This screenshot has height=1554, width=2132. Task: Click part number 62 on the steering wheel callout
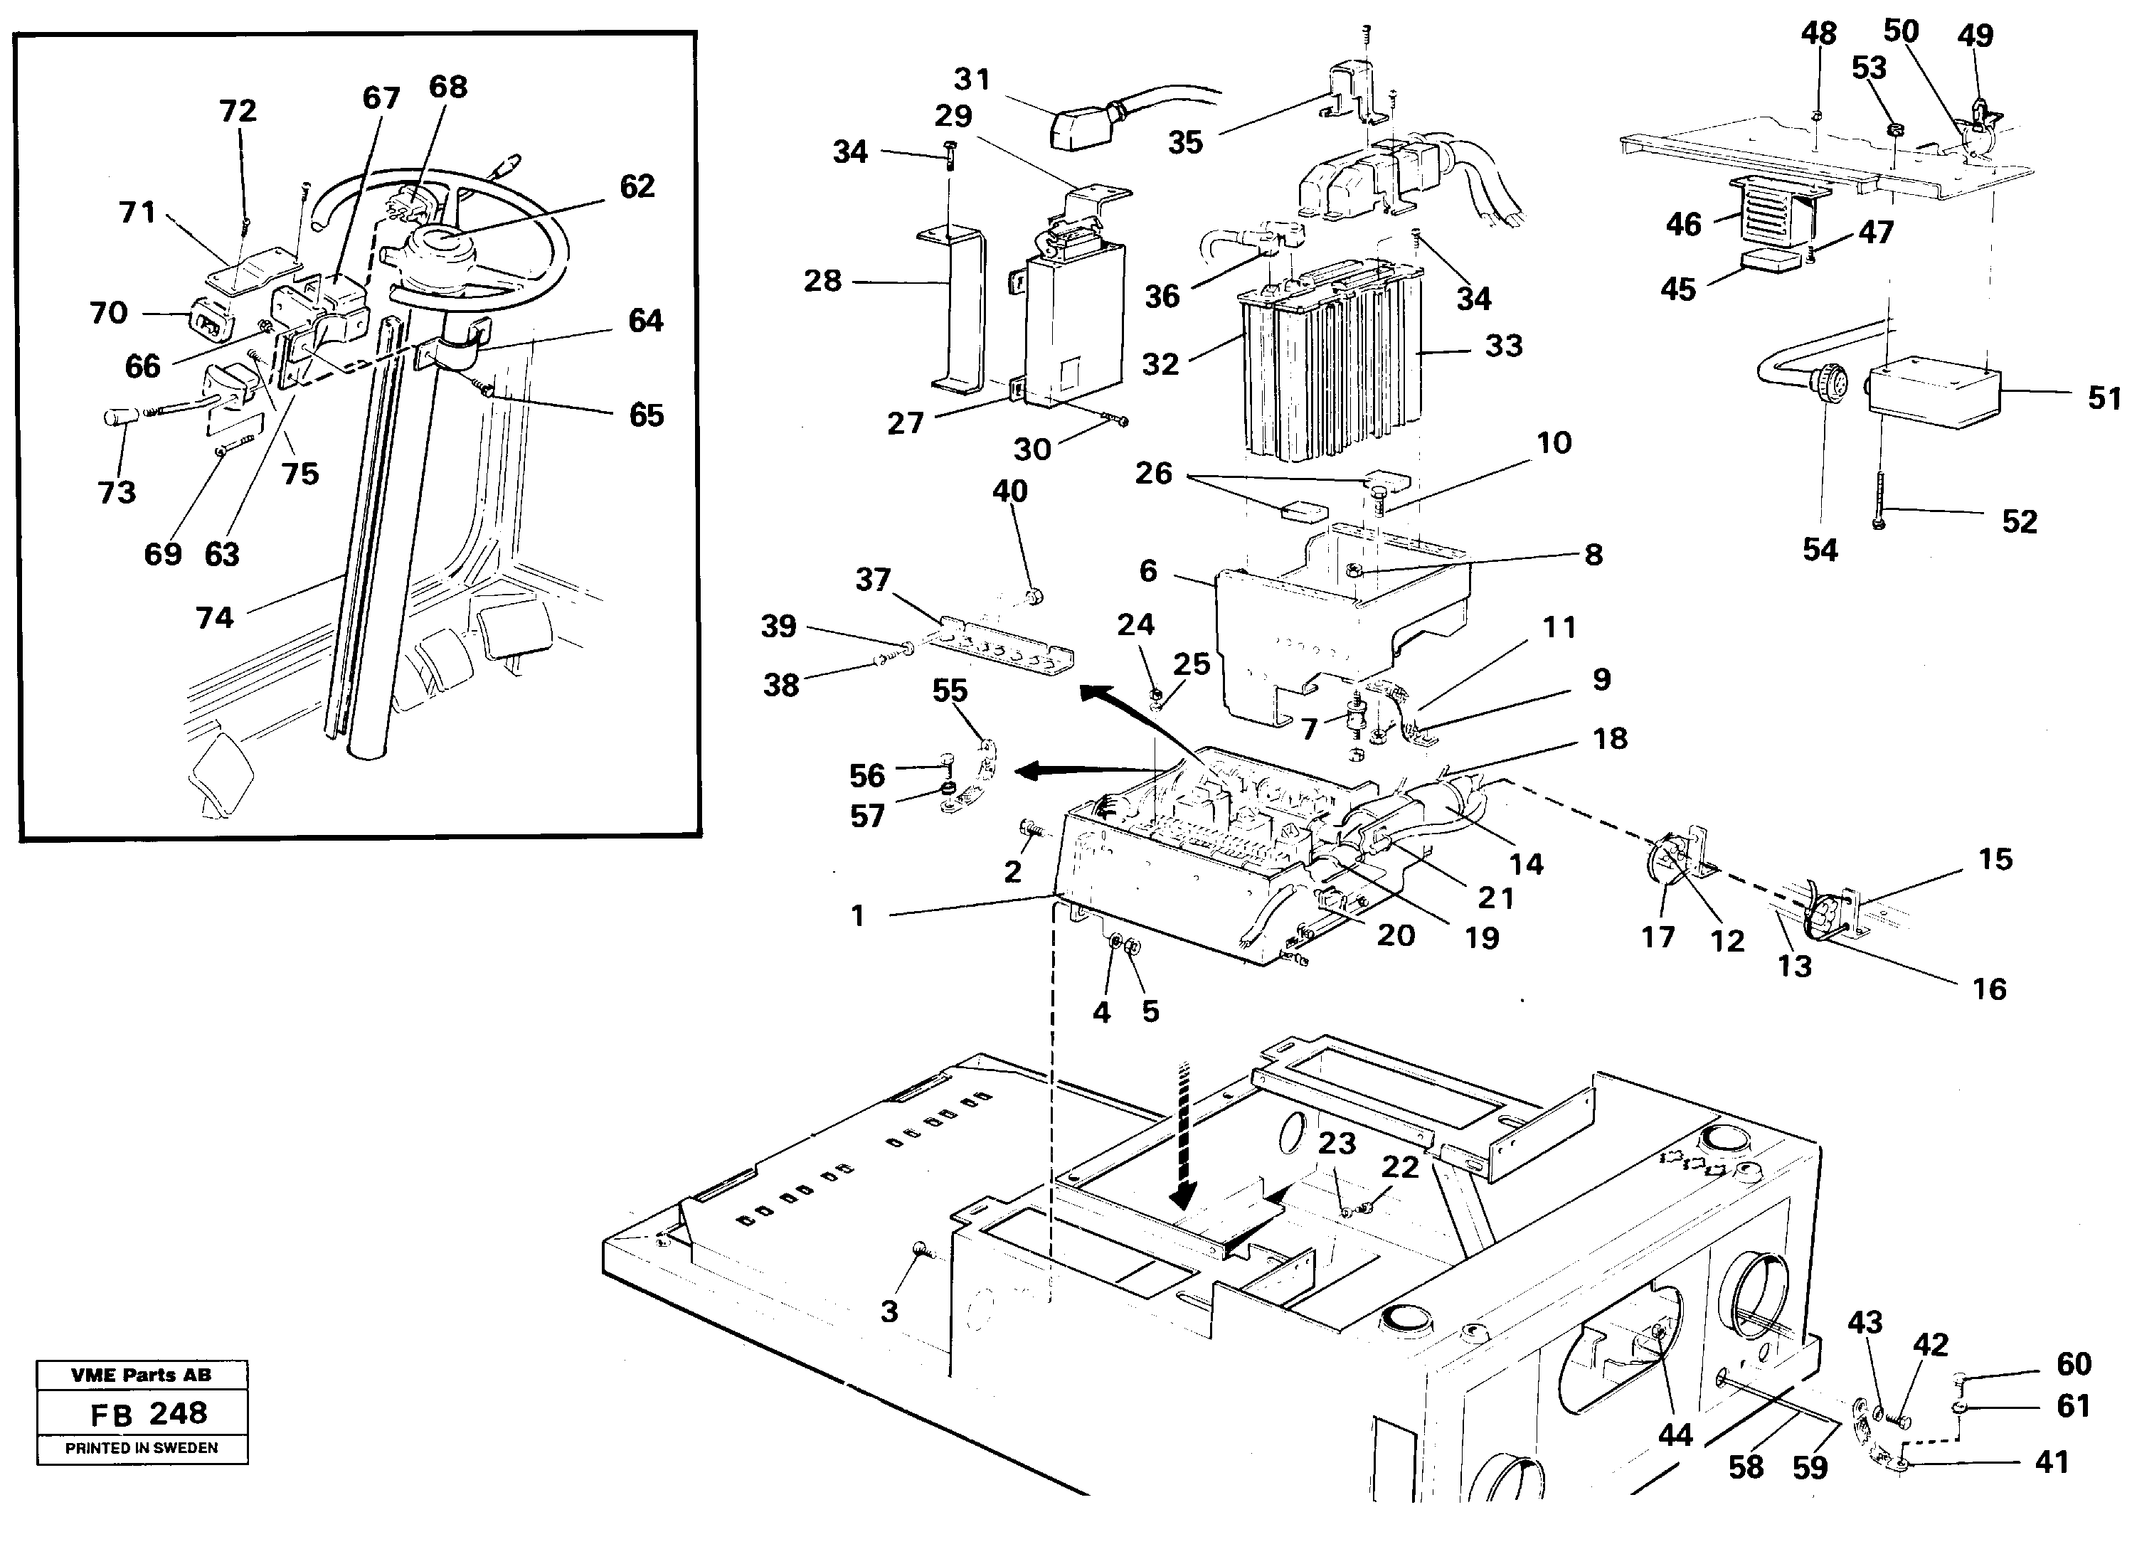(637, 186)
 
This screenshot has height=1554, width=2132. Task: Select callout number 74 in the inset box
(215, 618)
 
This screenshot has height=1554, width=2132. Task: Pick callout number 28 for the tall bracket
(822, 280)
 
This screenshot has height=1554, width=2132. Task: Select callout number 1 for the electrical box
(857, 915)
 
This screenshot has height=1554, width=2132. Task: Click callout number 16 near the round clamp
(1989, 989)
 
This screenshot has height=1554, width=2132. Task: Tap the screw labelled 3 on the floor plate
(919, 1248)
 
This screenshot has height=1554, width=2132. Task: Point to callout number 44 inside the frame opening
(1675, 1435)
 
